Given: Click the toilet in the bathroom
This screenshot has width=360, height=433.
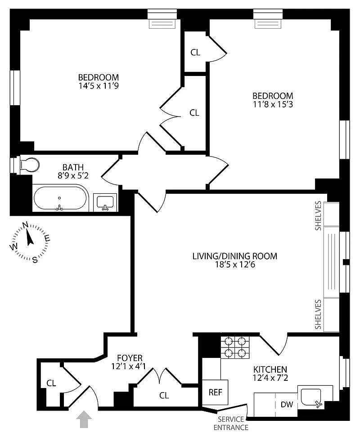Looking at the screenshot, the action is [x=30, y=165].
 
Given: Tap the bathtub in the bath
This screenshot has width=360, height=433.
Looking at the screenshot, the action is [x=60, y=198].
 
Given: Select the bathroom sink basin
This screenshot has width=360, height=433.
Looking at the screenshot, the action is [x=105, y=202].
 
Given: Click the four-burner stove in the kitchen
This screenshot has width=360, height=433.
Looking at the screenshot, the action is [x=235, y=347].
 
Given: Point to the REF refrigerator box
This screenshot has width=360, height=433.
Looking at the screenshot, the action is [x=215, y=392].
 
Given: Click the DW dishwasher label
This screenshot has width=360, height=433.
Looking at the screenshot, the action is [x=287, y=405].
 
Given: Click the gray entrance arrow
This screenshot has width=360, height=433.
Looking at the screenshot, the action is [x=84, y=420].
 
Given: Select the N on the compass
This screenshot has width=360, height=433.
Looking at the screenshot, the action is [x=25, y=225].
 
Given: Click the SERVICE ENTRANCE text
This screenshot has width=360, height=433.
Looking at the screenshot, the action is [x=231, y=424].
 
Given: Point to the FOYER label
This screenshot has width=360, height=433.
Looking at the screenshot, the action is [x=130, y=358].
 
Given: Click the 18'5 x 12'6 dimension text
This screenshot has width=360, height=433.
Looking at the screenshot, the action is [x=235, y=264].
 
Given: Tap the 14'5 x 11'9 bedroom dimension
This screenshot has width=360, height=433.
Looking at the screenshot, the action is [x=99, y=85].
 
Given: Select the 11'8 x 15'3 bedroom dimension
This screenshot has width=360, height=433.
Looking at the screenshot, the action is [x=273, y=104].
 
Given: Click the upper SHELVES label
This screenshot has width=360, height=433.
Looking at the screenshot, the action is [x=318, y=216].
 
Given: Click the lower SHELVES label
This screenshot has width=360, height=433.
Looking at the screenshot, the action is [x=318, y=314].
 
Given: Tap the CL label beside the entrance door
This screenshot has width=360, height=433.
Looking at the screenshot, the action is [x=51, y=383].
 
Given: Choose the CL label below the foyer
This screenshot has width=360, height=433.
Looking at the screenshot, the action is [x=164, y=395].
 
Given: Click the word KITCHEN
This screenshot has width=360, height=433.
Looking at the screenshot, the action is [x=270, y=369].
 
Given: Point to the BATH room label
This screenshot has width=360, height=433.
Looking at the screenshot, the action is [x=73, y=167].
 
